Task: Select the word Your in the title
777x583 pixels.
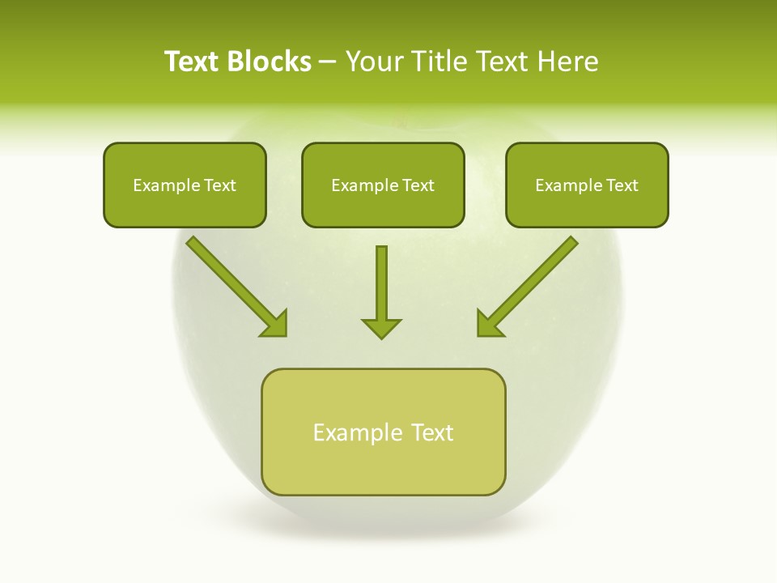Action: coord(374,62)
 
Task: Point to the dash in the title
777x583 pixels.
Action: coord(328,62)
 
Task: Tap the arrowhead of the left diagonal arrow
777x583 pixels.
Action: coord(275,324)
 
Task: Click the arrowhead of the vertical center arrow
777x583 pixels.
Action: coord(381,327)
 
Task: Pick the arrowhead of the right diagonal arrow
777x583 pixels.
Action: coord(489,324)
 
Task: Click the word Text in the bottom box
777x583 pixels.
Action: coord(432,432)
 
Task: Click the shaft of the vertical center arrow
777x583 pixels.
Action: coord(381,279)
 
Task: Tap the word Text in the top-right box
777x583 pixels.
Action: coord(622,185)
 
